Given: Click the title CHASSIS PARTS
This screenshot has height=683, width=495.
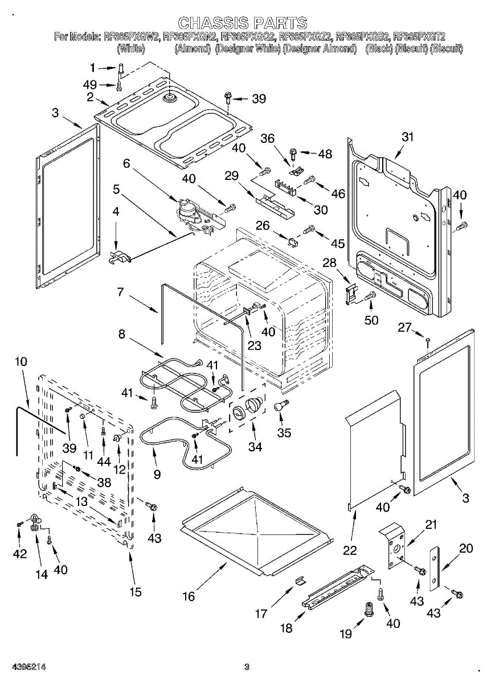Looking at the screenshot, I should (243, 23).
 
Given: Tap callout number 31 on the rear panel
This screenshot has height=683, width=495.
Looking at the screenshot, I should (407, 137).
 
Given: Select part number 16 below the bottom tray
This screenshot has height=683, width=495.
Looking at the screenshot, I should (189, 596).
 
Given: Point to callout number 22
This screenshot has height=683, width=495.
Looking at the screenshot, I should (350, 550).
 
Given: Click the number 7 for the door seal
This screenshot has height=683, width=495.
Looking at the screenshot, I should (121, 293).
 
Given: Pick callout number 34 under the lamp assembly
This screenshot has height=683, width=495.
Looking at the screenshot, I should (255, 447).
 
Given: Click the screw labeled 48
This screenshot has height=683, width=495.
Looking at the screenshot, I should (294, 152).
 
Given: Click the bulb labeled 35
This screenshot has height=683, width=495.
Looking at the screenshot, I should (280, 406).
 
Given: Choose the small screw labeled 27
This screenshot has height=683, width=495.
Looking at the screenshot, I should (428, 340).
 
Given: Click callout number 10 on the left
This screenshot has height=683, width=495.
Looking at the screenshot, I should (21, 361).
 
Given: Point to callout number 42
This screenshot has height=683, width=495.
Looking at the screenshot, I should (20, 553).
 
